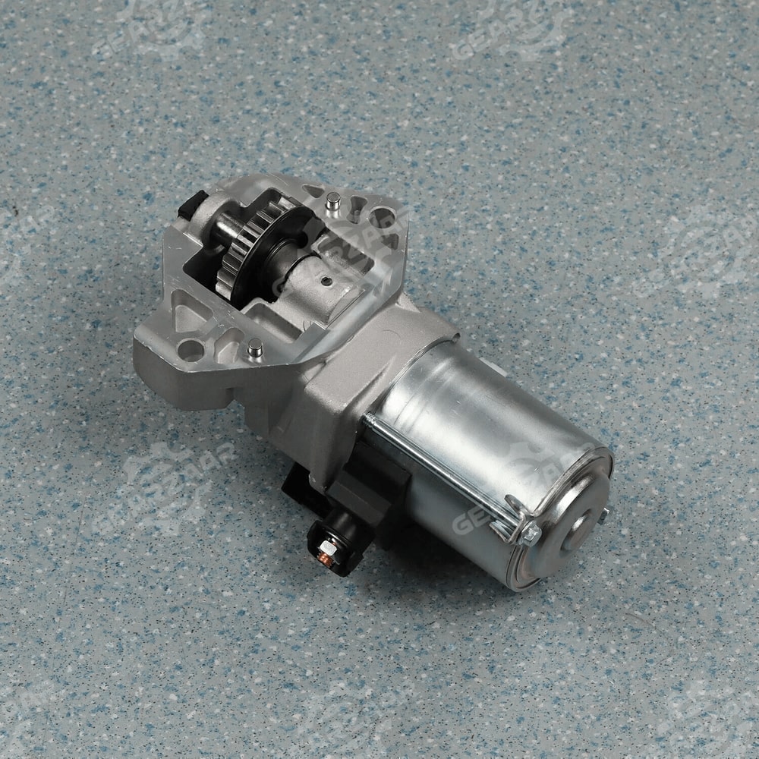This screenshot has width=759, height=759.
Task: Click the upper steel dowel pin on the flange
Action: coord(332,201)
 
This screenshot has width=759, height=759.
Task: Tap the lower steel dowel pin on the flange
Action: coord(256,348)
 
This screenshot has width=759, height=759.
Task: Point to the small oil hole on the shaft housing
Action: coord(326,280)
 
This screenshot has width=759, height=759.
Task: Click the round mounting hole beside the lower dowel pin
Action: coord(191,350)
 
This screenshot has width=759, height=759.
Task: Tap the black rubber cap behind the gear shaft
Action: coord(193,203)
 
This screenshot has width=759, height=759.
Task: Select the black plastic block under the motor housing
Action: coord(379,493)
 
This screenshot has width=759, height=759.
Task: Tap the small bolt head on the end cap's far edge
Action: coord(603,517)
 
